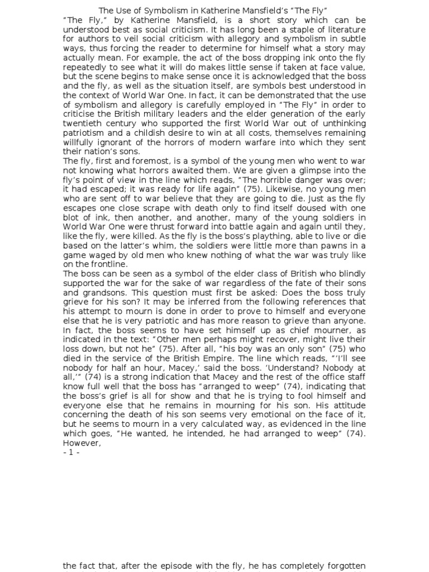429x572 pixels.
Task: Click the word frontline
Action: click(x=109, y=264)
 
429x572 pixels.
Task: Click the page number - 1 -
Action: click(x=71, y=452)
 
